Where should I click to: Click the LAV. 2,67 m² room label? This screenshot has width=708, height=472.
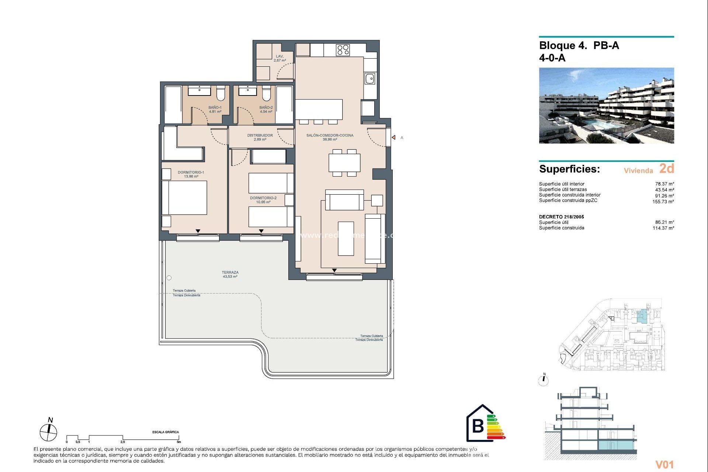click(280, 58)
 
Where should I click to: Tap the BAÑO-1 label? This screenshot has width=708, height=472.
click(215, 110)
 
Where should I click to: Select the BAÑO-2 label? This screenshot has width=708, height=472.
click(266, 110)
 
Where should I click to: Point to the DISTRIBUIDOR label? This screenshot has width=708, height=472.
click(260, 137)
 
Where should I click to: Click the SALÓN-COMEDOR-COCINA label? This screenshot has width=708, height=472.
click(330, 137)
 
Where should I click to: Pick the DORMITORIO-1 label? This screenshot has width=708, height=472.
click(191, 174)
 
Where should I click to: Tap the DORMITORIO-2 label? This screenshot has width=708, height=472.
click(263, 200)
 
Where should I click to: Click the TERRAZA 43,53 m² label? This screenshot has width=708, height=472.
click(230, 274)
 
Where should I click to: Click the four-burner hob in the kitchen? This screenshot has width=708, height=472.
click(343, 50)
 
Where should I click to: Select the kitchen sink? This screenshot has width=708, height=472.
click(370, 79)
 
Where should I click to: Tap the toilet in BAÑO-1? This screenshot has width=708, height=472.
click(221, 94)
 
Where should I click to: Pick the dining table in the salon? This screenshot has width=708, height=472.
click(344, 163)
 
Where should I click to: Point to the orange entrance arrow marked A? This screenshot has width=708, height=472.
click(393, 138)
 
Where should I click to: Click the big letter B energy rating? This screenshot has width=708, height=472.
click(478, 426)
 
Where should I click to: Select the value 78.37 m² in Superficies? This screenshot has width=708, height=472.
click(664, 184)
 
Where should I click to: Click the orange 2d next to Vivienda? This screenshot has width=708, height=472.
click(666, 169)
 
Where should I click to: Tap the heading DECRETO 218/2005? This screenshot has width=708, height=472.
click(561, 217)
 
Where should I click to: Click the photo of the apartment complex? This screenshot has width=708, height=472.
click(606, 105)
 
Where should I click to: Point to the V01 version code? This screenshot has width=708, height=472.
click(664, 465)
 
